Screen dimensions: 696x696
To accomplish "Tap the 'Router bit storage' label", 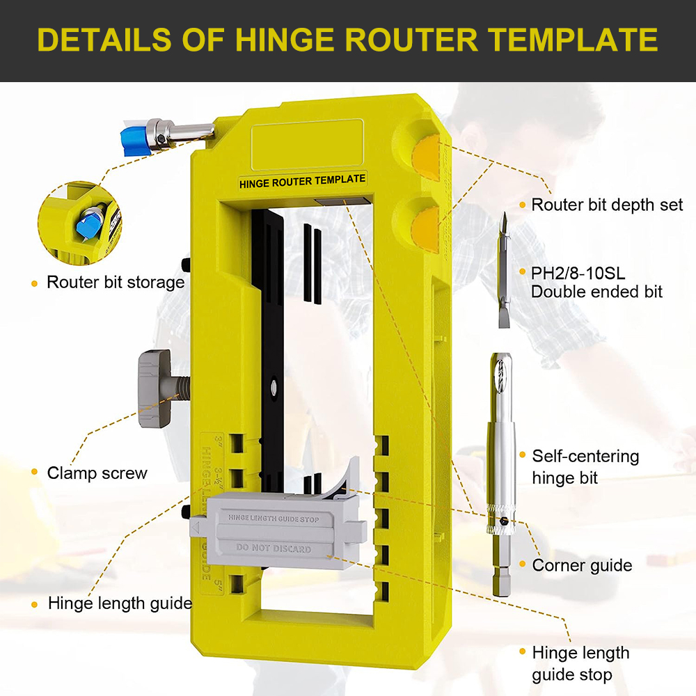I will pos(115,282).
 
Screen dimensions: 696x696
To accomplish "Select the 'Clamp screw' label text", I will pos(97,473).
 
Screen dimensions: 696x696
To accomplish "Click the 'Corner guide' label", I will pos(582,565).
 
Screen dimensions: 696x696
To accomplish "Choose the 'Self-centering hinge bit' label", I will pos(585,467).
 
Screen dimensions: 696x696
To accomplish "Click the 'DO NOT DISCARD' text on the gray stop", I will pos(274,548).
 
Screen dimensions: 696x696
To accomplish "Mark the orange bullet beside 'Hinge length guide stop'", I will pos(522,652).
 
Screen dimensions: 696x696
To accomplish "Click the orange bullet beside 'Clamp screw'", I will pos(34,473).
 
